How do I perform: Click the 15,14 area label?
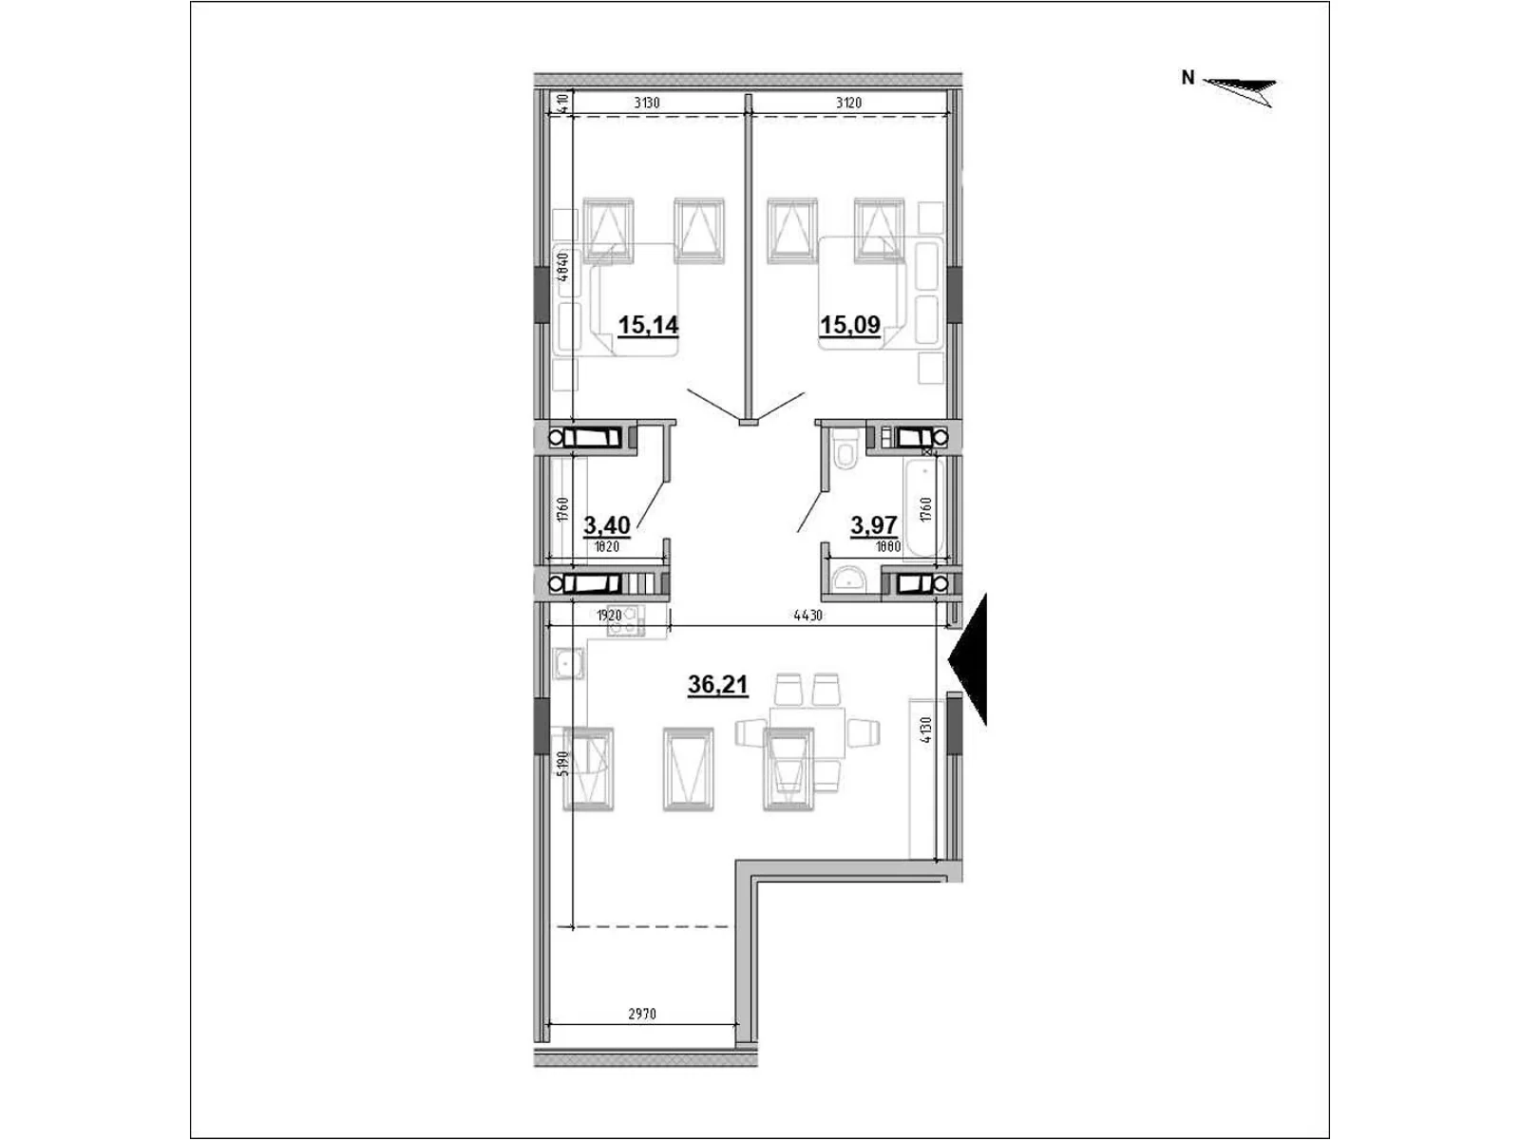coord(648,326)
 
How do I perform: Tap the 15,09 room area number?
coord(849,326)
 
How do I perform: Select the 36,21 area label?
coord(717,684)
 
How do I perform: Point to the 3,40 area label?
coord(607,523)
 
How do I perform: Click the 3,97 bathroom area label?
coord(874,523)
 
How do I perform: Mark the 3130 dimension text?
coord(646,104)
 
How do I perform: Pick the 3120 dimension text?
coord(848,104)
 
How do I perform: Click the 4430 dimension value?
coord(807,616)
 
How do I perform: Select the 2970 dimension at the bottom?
coord(641,1014)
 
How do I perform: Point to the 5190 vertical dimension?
coord(562,764)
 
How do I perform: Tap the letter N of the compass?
coord(1187,79)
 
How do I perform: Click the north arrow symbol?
coord(1240,89)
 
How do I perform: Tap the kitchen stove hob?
coord(625,620)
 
